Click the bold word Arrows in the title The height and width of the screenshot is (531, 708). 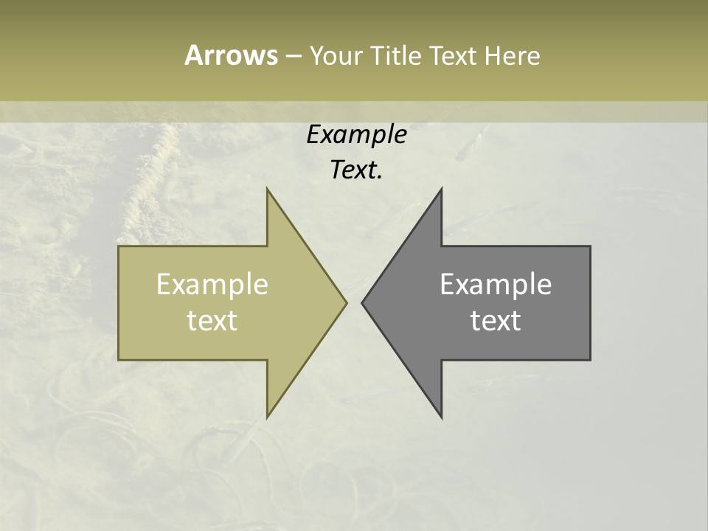pyautogui.click(x=230, y=55)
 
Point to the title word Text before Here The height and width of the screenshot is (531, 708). pyautogui.click(x=454, y=55)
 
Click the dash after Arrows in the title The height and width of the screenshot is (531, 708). pyautogui.click(x=293, y=56)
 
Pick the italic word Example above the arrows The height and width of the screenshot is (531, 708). pyautogui.click(x=356, y=135)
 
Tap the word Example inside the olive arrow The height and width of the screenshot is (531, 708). pyautogui.click(x=212, y=285)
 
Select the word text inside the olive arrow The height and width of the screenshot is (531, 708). pyautogui.click(x=212, y=321)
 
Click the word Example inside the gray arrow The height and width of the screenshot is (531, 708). pyautogui.click(x=496, y=285)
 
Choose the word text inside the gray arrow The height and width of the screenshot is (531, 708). pyautogui.click(x=496, y=321)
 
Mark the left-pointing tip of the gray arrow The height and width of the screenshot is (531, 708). pyautogui.click(x=363, y=302)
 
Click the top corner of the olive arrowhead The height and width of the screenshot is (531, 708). pyautogui.click(x=268, y=190)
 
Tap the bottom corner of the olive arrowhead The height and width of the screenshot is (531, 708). pyautogui.click(x=268, y=417)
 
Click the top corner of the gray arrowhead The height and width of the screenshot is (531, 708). pyautogui.click(x=441, y=190)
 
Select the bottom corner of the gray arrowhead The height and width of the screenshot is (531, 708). pyautogui.click(x=441, y=417)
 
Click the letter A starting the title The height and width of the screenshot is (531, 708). pyautogui.click(x=193, y=55)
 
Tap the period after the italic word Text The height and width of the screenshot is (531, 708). pyautogui.click(x=380, y=177)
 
